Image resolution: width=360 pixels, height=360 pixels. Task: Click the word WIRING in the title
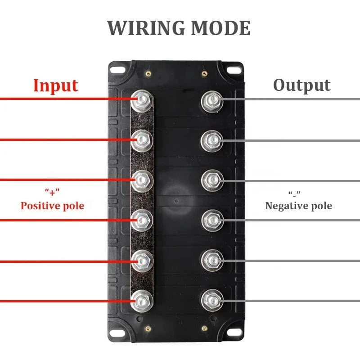145,28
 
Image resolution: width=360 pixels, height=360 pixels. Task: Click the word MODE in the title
220,28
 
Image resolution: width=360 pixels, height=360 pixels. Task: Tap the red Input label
55,85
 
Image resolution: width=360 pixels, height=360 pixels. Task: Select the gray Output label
302,85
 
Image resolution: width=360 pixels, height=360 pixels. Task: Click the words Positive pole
52,206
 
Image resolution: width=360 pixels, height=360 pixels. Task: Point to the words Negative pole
299,206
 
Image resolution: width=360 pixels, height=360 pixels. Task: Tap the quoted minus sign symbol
295,193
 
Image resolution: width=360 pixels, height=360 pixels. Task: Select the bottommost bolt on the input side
142,300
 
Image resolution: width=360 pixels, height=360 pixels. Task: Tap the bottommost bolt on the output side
212,300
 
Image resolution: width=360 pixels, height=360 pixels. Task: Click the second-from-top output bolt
212,140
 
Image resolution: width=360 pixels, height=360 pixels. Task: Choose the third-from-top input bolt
142,180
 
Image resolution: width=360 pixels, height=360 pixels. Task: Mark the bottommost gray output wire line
292,301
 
